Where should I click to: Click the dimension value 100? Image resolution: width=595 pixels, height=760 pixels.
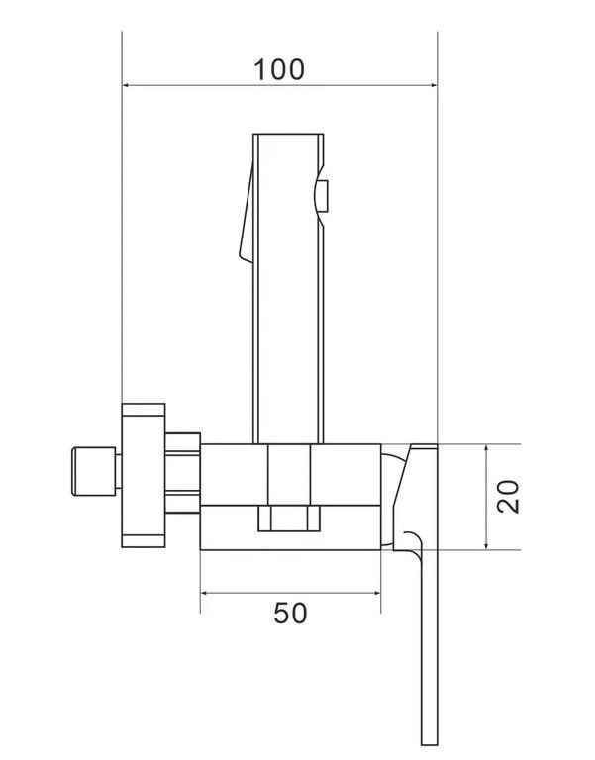279,69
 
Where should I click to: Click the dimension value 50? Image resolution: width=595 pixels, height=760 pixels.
290,614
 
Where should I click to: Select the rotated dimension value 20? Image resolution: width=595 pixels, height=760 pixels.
508,497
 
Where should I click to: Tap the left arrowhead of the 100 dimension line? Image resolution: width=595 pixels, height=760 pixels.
126,85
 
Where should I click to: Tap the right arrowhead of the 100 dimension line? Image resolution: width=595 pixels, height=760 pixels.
433,85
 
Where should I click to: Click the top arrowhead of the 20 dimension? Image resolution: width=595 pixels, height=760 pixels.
486,448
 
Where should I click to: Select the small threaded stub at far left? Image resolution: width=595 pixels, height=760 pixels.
94,472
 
